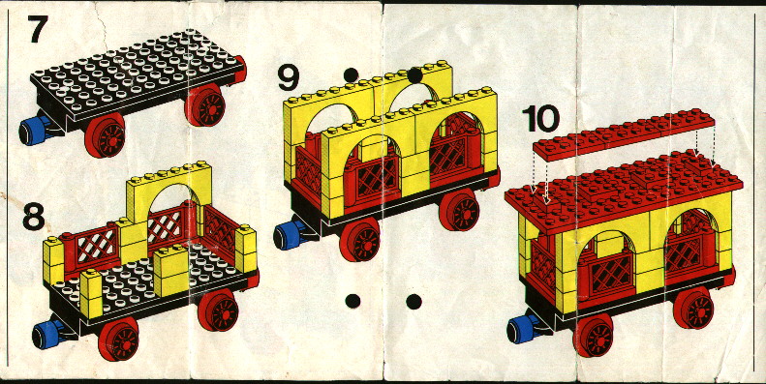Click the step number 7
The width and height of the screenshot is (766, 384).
[x=38, y=29]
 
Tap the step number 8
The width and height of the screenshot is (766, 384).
[x=34, y=216]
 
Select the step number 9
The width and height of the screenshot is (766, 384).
[x=289, y=77]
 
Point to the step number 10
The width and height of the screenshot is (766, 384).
[x=540, y=119]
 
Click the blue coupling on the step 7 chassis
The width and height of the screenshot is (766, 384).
[x=34, y=131]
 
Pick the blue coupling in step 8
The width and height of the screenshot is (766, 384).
[x=47, y=337]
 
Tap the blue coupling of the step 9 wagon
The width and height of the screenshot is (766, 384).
[x=289, y=236]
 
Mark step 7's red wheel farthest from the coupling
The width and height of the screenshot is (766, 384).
[x=204, y=105]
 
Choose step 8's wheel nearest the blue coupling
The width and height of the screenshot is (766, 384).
[x=118, y=340]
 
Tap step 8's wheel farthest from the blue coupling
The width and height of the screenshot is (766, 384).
[x=218, y=310]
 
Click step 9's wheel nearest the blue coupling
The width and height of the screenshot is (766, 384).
[x=359, y=239]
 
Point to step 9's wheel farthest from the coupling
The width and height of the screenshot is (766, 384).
[x=459, y=210]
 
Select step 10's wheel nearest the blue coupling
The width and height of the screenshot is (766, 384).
[x=593, y=336]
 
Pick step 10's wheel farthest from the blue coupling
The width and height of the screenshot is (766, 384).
[x=693, y=308]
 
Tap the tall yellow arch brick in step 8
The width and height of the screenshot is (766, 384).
[x=169, y=192]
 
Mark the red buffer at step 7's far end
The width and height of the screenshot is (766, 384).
[x=241, y=70]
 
